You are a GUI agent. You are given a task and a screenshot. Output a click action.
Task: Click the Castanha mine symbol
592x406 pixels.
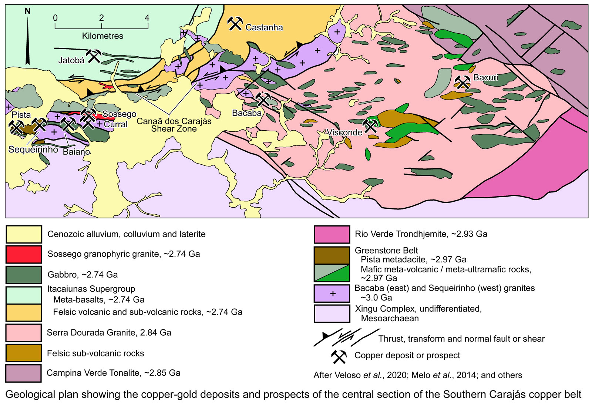(x=235, y=24)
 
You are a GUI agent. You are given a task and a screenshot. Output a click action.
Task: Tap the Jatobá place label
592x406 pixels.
(x=71, y=60)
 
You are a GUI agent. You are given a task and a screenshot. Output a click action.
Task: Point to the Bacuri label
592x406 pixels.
(x=486, y=77)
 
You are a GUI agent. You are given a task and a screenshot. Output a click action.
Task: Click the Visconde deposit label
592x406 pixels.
(x=344, y=132)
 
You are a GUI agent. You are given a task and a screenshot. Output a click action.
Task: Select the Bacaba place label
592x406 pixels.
(x=247, y=113)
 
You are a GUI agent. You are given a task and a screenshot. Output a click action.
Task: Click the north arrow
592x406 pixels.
(x=28, y=37)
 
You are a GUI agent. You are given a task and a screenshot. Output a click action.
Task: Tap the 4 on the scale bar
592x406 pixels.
(x=147, y=18)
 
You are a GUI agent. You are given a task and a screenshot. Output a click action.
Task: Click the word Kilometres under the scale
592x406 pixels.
(x=102, y=36)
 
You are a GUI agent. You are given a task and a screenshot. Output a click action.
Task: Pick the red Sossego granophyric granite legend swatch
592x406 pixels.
(x=24, y=254)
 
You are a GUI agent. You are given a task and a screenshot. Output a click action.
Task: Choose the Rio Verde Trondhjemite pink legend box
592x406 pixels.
(x=332, y=234)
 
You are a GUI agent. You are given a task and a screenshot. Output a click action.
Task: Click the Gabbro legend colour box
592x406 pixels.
(x=24, y=275)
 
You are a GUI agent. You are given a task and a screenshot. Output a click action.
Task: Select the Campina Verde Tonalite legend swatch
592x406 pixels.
(x=24, y=373)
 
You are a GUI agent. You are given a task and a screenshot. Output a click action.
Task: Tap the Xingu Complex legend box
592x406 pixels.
(x=332, y=313)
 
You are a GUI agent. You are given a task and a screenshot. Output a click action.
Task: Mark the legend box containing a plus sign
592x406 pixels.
(x=332, y=293)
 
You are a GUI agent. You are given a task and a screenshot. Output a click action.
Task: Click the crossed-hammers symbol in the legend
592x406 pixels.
(x=339, y=356)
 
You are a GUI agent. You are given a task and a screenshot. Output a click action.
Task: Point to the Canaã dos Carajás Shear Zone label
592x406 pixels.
(x=174, y=125)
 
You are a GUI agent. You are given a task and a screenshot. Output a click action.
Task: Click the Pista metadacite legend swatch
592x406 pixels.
(x=332, y=255)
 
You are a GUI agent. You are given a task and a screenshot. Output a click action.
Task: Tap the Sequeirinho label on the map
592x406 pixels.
(x=33, y=150)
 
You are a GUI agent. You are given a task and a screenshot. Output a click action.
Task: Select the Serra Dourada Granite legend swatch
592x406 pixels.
(x=24, y=332)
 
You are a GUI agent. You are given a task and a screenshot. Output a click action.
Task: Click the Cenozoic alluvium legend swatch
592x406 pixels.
(x=24, y=234)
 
